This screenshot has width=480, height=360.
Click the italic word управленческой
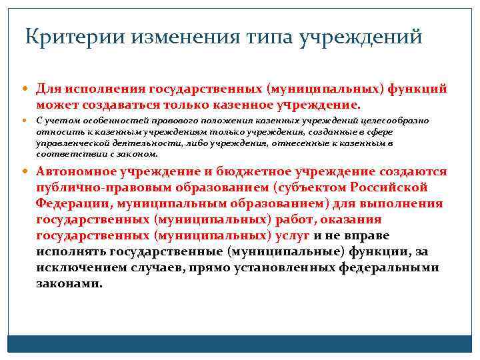coord(72,143)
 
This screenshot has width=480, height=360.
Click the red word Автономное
coord(78,171)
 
